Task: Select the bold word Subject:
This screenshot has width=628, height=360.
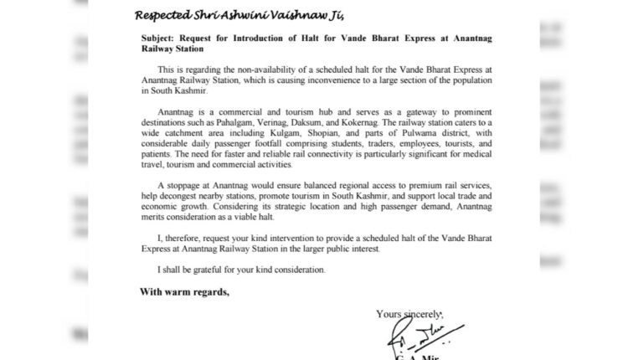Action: coord(163,39)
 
